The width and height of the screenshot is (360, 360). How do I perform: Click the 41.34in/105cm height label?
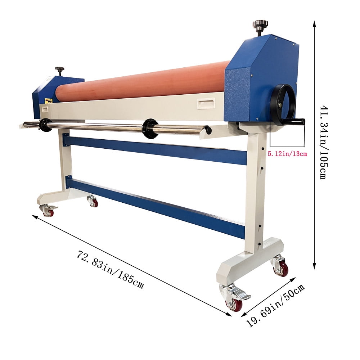coord(324,142)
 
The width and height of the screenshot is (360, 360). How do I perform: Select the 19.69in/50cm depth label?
coord(275,305)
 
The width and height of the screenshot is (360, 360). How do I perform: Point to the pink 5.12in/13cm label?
coord(287,154)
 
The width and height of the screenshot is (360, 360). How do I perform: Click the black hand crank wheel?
coord(282,105)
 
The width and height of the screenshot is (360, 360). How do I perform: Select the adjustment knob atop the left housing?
coord(60,71)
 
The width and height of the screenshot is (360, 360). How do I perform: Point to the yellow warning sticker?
coord(49,101)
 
